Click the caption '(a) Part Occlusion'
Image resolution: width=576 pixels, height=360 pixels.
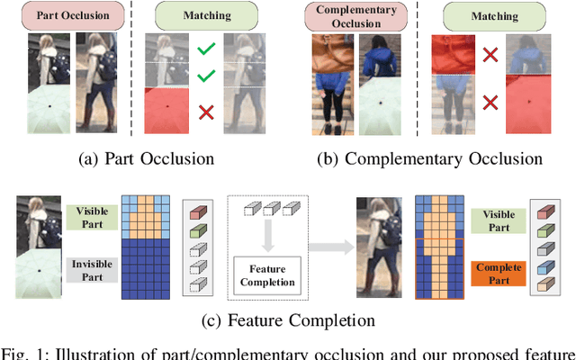click(146, 158)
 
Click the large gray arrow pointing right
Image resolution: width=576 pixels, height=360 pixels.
click(328, 243)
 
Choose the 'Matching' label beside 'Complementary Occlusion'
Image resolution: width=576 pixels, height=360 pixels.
click(483, 14)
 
